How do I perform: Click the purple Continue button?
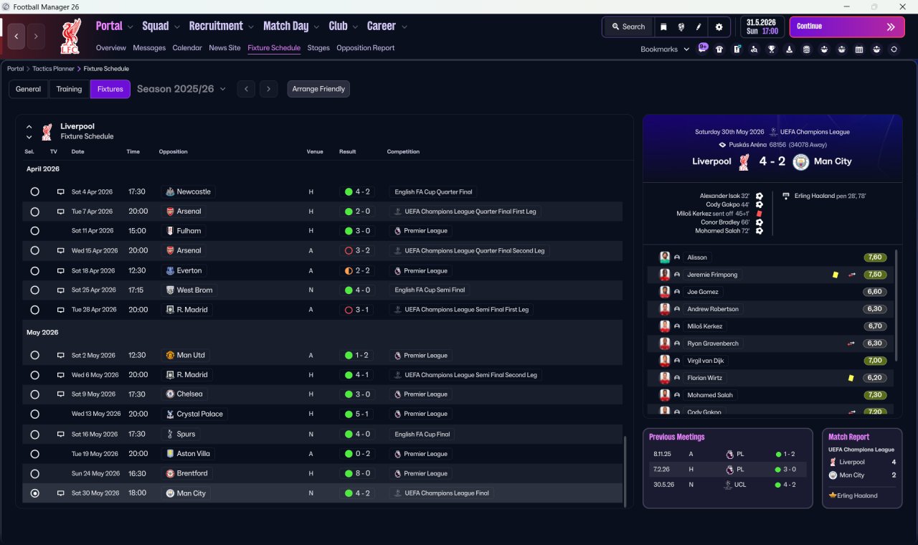tap(847, 27)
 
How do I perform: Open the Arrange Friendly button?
tap(318, 89)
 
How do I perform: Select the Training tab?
tap(69, 89)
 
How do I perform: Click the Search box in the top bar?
tap(629, 27)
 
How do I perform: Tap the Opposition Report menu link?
tap(365, 48)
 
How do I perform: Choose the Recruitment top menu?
tap(216, 27)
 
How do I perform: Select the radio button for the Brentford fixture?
tap(35, 474)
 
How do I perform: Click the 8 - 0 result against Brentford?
tap(357, 473)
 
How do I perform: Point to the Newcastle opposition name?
tap(194, 191)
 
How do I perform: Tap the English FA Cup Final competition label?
tap(422, 435)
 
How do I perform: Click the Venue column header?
tap(315, 151)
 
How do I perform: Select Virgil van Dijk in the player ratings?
tap(705, 361)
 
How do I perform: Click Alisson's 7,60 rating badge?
tap(875, 257)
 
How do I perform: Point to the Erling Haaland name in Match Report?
tap(857, 496)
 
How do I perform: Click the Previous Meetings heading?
tap(676, 437)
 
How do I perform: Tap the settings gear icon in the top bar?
tap(719, 27)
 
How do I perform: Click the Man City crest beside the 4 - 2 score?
tap(801, 162)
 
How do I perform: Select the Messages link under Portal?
tap(149, 48)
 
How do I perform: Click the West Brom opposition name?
tap(194, 290)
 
